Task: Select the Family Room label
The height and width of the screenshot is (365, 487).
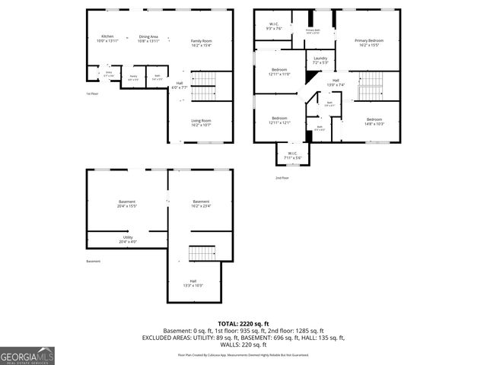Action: (x=201, y=43)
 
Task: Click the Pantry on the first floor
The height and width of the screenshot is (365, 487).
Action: (x=133, y=77)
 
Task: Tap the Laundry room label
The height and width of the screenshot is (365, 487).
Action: (x=320, y=60)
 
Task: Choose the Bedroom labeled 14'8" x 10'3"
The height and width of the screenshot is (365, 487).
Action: (x=374, y=122)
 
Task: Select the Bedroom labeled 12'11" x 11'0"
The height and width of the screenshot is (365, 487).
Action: (x=279, y=71)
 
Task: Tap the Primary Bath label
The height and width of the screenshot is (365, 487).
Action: (x=313, y=31)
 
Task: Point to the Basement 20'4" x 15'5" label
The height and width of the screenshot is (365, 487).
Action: (x=127, y=204)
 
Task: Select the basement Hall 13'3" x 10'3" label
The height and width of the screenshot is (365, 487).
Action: (x=193, y=283)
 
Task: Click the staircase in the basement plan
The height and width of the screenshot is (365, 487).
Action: (x=202, y=252)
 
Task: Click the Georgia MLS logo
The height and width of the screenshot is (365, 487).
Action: (x=27, y=354)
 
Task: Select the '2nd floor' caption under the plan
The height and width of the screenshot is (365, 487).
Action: (x=282, y=177)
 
